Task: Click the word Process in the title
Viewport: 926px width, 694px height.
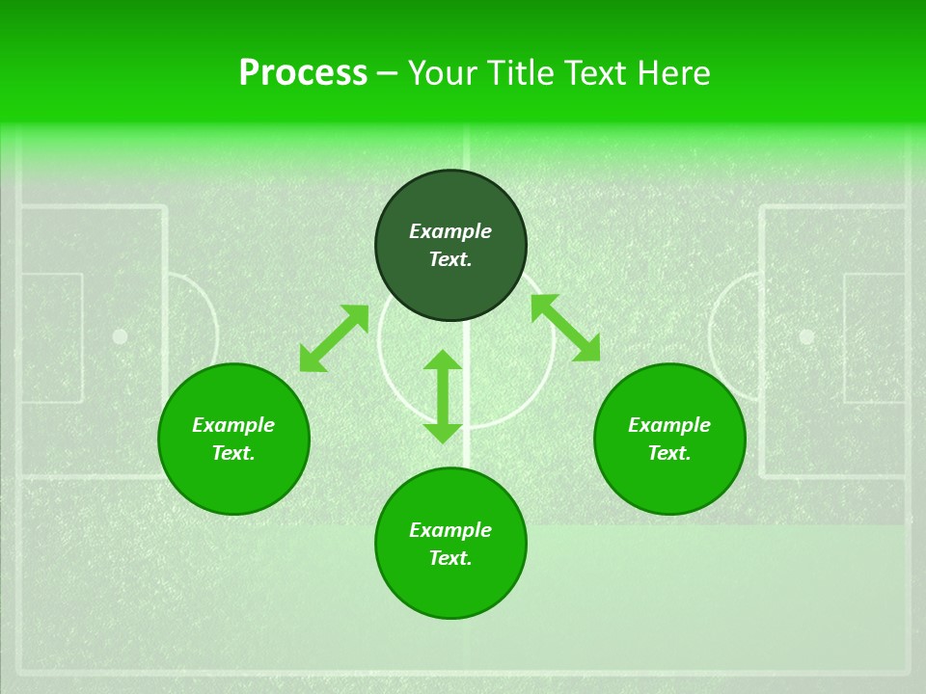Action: (303, 73)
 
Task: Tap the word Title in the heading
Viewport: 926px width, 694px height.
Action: (523, 73)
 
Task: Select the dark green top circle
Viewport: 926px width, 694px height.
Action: (450, 245)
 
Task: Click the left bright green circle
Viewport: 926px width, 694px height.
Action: (233, 439)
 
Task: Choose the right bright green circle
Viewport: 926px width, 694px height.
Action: (669, 439)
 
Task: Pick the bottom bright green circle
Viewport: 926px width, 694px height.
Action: (450, 543)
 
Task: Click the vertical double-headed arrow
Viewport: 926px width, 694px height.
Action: (443, 396)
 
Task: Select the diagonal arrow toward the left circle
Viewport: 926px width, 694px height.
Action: (334, 338)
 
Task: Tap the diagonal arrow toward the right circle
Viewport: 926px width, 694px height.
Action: (565, 328)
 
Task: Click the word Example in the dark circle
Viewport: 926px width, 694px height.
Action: (450, 231)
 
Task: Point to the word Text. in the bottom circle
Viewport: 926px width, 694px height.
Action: (450, 558)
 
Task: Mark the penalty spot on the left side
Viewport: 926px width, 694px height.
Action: (120, 336)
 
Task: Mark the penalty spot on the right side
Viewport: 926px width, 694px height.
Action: (806, 336)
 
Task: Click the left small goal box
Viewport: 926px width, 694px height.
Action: (50, 337)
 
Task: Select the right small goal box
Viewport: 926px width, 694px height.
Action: (875, 337)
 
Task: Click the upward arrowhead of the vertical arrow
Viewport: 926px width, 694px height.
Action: (443, 360)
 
